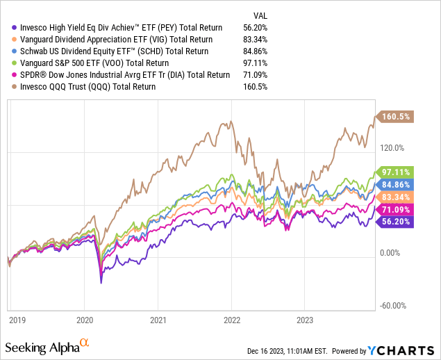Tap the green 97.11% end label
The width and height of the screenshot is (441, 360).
pyautogui.click(x=396, y=172)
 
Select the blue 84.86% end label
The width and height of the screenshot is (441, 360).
pyautogui.click(x=396, y=185)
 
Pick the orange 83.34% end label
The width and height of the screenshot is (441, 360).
pyautogui.click(x=396, y=197)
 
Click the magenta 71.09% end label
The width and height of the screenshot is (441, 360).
pyautogui.click(x=396, y=210)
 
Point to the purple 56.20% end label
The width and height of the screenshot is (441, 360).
pyautogui.click(x=396, y=222)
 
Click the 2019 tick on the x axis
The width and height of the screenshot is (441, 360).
pyautogui.click(x=17, y=321)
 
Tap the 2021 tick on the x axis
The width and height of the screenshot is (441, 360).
pyautogui.click(x=158, y=321)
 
